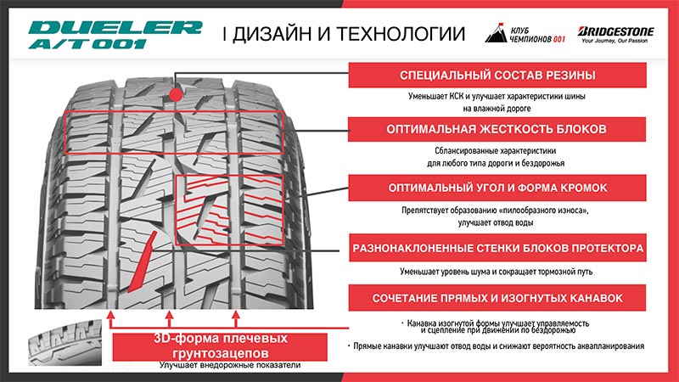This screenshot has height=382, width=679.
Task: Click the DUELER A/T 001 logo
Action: pos(115,35)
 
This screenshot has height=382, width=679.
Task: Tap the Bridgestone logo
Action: pos(615,34)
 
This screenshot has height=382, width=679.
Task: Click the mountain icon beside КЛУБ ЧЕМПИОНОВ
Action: pos(496,32)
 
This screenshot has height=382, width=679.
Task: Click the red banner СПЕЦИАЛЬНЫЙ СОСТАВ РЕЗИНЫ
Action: pos(497,75)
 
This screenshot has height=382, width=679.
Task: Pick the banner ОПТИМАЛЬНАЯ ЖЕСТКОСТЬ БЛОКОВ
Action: pos(497,129)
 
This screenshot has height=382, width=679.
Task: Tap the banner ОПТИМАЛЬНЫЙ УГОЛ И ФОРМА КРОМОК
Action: pos(497,188)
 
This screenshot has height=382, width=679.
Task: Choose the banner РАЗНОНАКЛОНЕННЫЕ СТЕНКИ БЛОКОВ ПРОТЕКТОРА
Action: pos(497,248)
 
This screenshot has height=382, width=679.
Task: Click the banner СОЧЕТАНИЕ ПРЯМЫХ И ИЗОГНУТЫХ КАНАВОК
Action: pos(497,298)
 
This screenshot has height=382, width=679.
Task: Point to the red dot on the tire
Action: pos(176,94)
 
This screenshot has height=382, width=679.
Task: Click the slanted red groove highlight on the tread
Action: pos(142,262)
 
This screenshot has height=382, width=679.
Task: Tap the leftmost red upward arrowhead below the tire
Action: pos(111,314)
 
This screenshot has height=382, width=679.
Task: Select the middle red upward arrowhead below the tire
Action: pos(169,314)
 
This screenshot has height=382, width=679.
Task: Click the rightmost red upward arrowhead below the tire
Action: pos(236,314)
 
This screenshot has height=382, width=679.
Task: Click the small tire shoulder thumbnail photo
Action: pos(65,343)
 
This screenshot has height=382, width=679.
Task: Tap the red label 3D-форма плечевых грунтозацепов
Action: pos(220,346)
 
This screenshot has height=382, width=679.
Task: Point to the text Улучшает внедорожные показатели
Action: pos(230,365)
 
